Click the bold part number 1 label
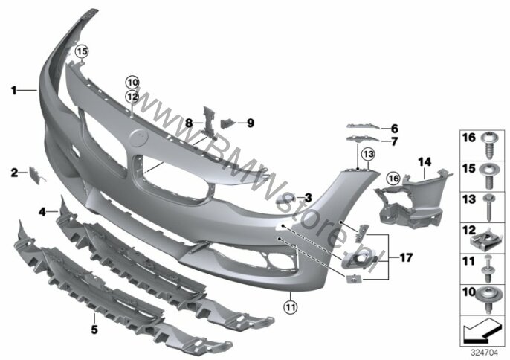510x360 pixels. (13, 91)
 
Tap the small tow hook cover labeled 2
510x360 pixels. (34, 175)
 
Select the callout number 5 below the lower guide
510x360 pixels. (94, 330)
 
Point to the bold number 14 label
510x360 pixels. (425, 161)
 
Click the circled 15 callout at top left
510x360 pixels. (82, 51)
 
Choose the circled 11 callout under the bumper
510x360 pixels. (291, 306)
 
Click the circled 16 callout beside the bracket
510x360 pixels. (393, 179)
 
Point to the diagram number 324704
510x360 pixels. (485, 353)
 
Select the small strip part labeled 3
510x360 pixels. (285, 199)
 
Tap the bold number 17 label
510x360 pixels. (406, 258)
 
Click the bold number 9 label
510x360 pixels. (250, 123)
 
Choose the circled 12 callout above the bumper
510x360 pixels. (132, 97)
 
